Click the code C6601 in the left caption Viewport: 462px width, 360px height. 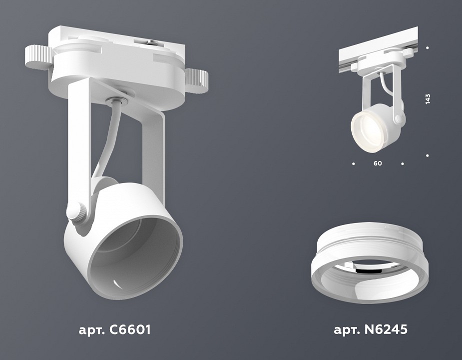[127, 330]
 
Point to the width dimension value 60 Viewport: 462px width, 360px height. [378, 163]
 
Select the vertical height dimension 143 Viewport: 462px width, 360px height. [428, 99]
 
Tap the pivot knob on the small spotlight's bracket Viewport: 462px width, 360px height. [398, 119]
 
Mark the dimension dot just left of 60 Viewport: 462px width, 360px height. [353, 163]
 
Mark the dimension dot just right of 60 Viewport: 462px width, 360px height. [402, 163]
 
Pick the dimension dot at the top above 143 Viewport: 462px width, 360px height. [428, 48]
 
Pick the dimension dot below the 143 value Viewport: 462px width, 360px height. [428, 155]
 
